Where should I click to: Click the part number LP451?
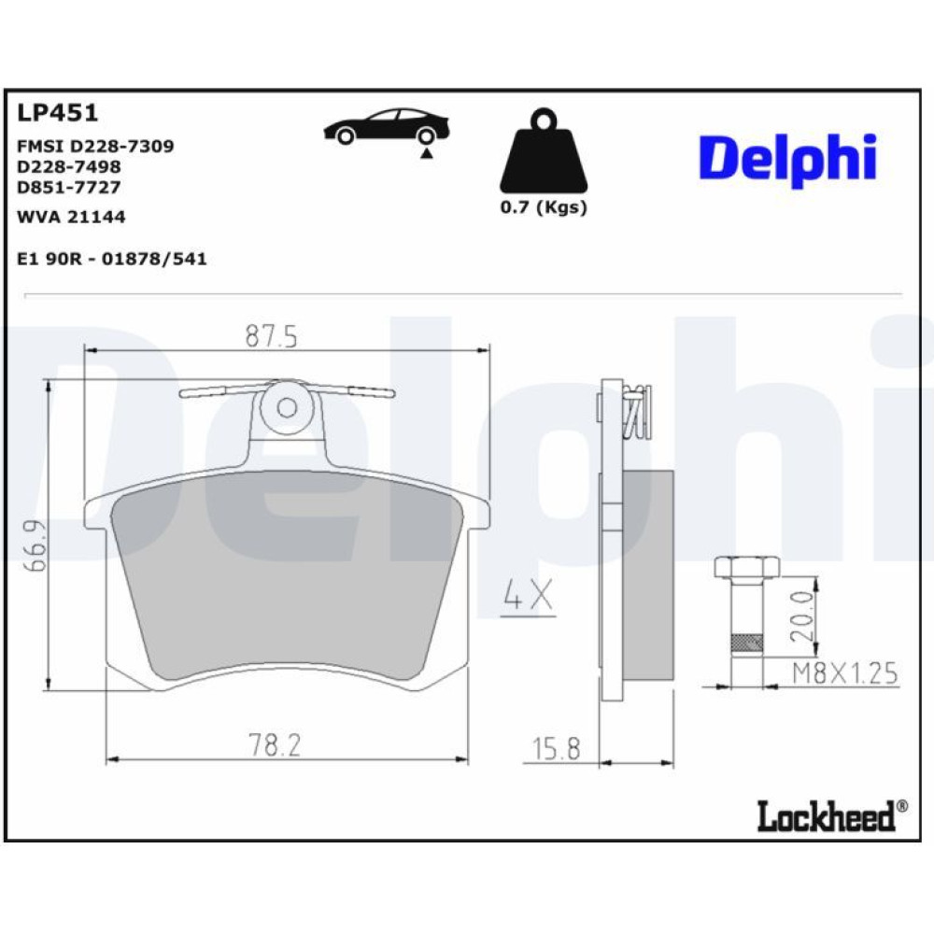click(57, 113)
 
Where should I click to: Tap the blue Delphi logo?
click(787, 159)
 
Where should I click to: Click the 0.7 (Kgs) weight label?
click(544, 207)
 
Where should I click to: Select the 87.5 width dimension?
click(271, 337)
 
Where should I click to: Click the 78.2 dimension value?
click(275, 744)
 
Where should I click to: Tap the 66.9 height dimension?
click(35, 545)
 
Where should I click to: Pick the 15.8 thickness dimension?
click(556, 749)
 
